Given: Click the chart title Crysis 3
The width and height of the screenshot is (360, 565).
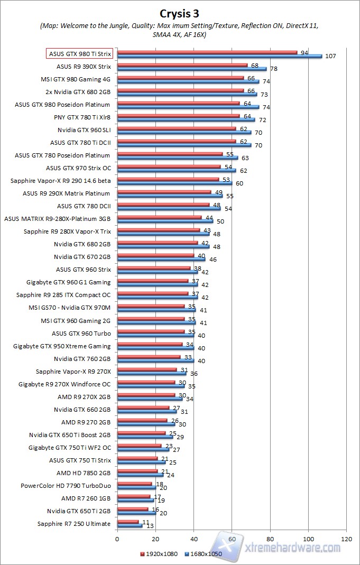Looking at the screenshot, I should tap(180, 13).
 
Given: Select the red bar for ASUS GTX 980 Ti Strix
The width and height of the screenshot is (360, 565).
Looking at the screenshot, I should tap(207, 52).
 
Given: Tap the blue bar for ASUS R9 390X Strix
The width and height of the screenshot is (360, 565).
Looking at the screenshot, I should tap(192, 69).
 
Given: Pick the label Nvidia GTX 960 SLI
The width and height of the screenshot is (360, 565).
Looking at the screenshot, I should tap(84, 130).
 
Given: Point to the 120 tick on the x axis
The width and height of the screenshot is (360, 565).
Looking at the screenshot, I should tap(347, 539).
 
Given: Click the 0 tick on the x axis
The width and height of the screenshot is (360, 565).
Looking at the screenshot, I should tap(117, 539).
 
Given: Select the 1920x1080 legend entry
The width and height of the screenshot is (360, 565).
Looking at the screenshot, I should tap(158, 553).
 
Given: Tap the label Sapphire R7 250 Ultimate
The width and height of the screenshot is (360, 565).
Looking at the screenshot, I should tap(74, 524).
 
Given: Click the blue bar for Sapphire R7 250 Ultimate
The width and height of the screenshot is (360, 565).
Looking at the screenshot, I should tap(130, 526).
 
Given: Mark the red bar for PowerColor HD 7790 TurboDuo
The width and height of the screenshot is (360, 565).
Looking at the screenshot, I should tap(134, 484).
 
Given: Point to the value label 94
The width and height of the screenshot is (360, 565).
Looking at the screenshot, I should tap(304, 52).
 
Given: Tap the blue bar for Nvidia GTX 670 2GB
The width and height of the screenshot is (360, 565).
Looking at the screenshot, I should tap(161, 259).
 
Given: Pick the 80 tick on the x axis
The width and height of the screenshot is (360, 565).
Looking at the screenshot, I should tap(270, 539).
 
